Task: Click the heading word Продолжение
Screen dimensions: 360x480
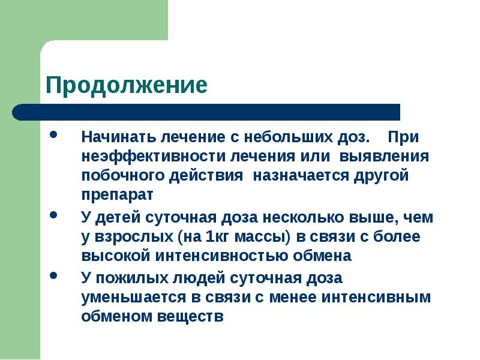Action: point(127,85)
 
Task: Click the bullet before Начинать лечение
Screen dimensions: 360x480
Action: point(55,136)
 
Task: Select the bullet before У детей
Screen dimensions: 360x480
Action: point(55,215)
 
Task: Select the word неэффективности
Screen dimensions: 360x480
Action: point(152,157)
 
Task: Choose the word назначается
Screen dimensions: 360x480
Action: point(302,176)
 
